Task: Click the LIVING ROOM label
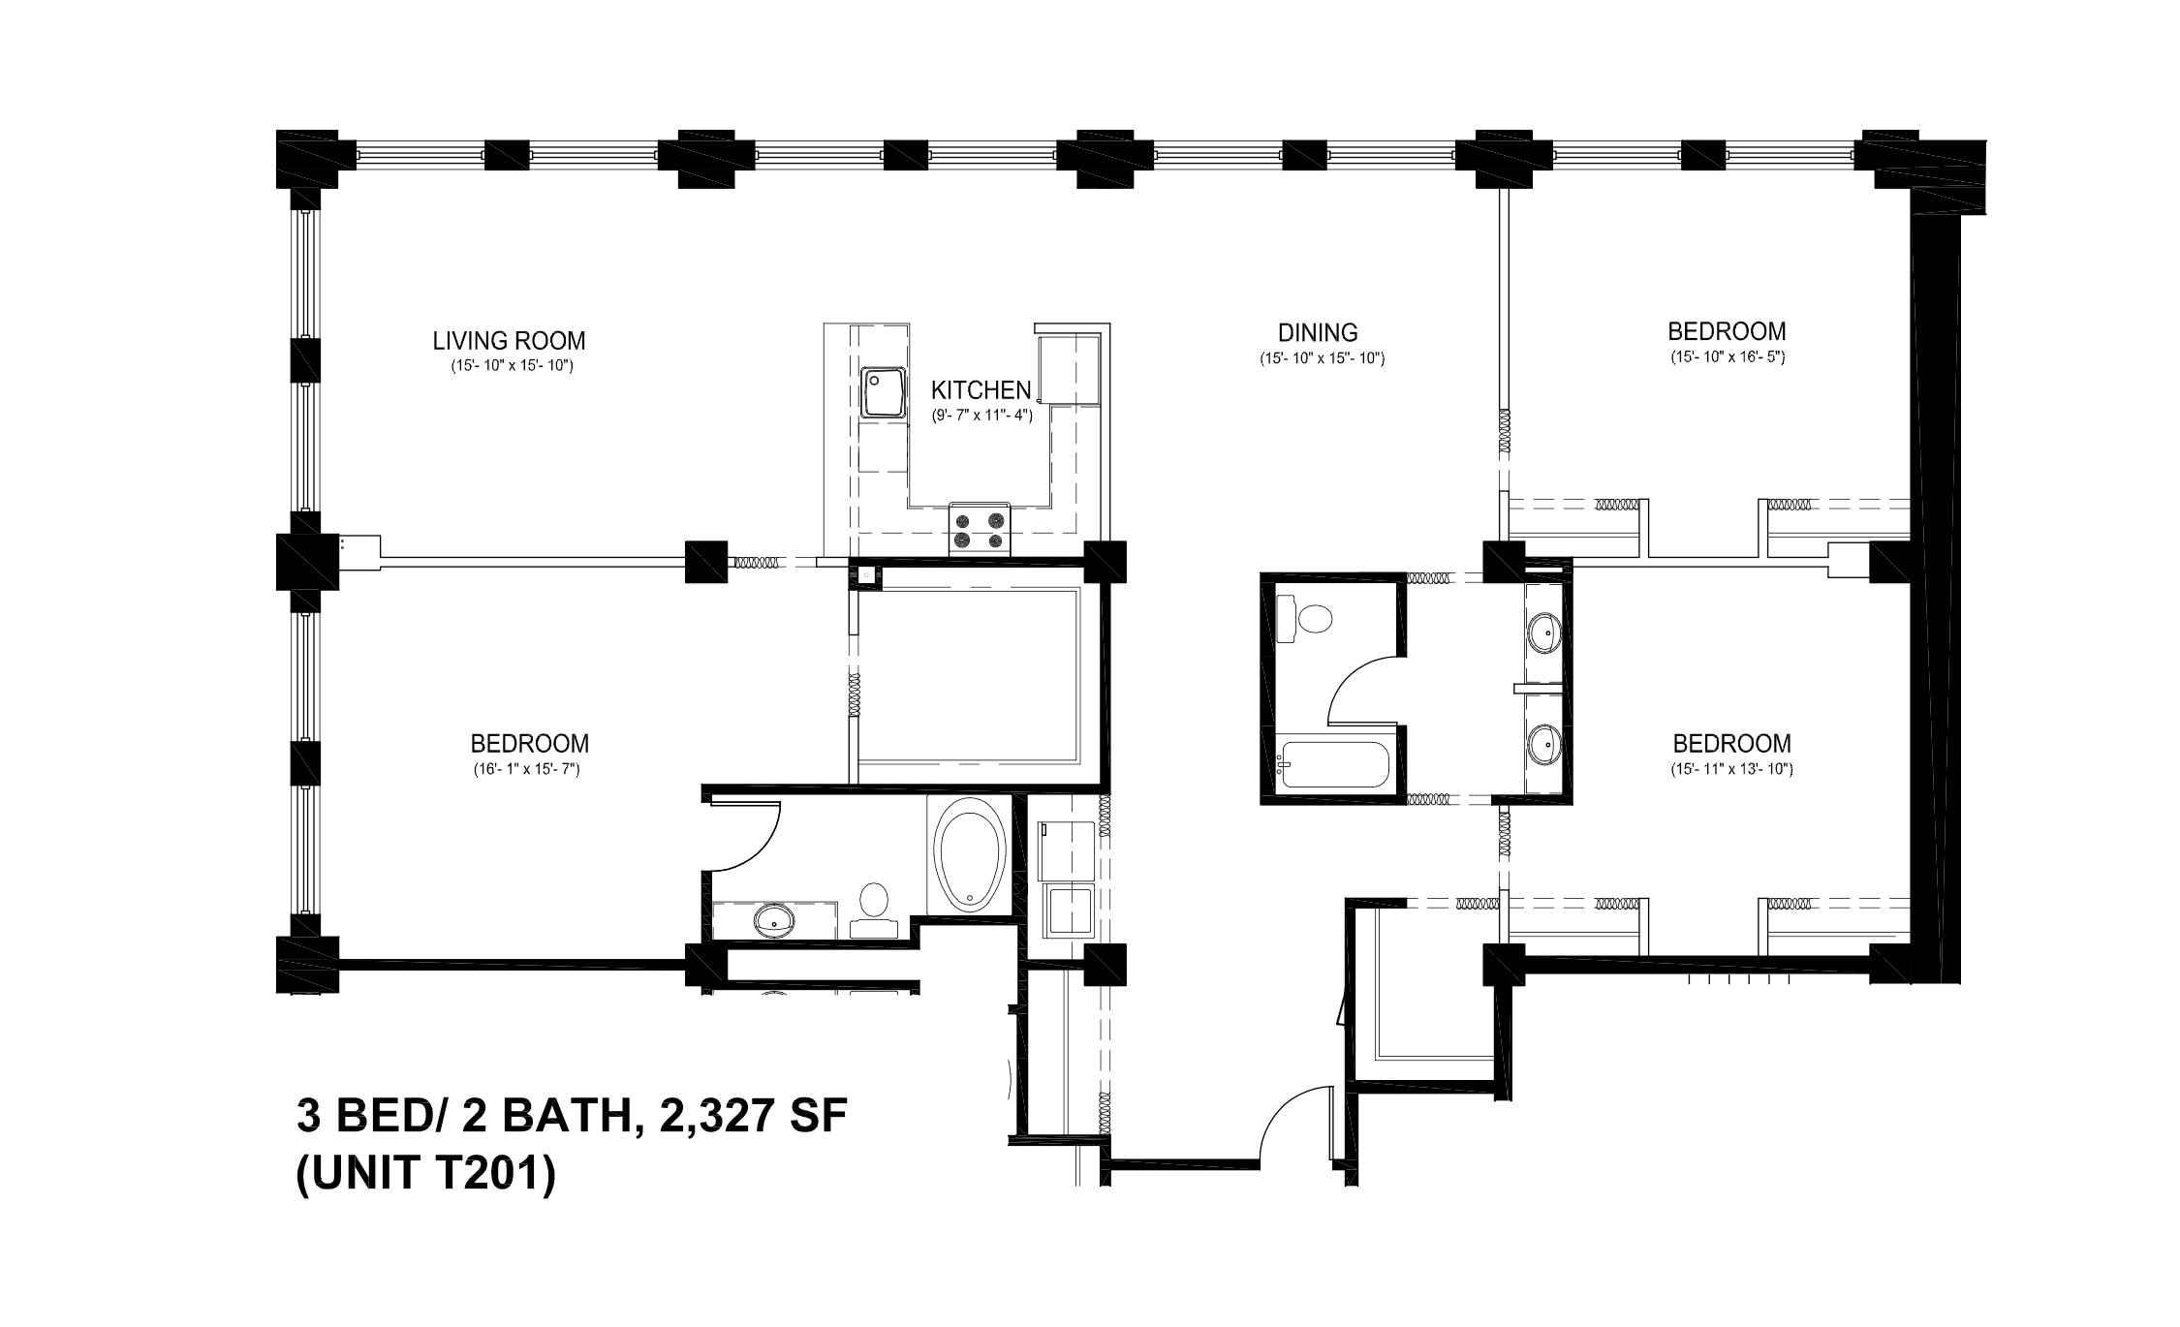pyautogui.click(x=509, y=341)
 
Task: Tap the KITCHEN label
pyautogui.click(x=981, y=390)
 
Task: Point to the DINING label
pyautogui.click(x=1318, y=333)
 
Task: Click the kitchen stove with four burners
pyautogui.click(x=980, y=530)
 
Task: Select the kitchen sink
pyautogui.click(x=882, y=392)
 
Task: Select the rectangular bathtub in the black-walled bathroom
pyautogui.click(x=1333, y=765)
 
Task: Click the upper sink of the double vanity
pyautogui.click(x=1545, y=635)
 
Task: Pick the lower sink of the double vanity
pyautogui.click(x=1545, y=744)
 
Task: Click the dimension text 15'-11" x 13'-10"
pyautogui.click(x=1731, y=770)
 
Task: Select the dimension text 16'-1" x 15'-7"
pyautogui.click(x=529, y=770)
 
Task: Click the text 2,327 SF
pyautogui.click(x=753, y=1117)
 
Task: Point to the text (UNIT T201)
pyautogui.click(x=426, y=1176)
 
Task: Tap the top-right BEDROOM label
pyautogui.click(x=1727, y=331)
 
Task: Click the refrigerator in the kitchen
pyautogui.click(x=1069, y=369)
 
